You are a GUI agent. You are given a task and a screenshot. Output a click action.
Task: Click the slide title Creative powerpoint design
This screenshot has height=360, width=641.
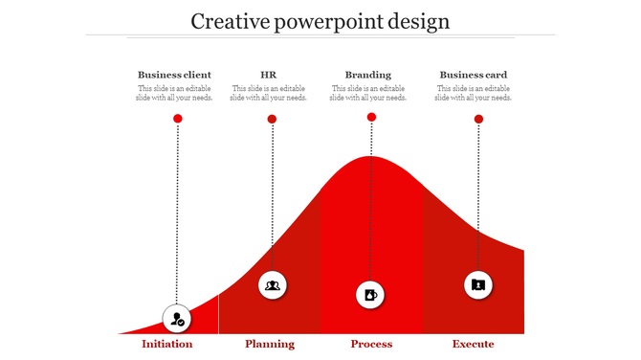[x=320, y=21]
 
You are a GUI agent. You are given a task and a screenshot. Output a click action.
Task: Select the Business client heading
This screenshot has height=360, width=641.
[x=174, y=75]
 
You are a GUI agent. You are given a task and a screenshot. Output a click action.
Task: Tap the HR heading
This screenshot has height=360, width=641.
[x=269, y=75]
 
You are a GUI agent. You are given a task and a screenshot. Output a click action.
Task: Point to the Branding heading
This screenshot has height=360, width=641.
[x=368, y=75]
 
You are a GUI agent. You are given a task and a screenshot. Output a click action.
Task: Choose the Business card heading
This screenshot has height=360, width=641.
[x=473, y=75]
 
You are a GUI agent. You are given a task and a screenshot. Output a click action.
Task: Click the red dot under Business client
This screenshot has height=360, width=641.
[x=177, y=118]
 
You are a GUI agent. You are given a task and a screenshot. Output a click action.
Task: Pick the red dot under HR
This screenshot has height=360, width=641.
[x=272, y=119]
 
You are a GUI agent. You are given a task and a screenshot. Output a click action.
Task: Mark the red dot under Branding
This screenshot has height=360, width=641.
[x=371, y=117]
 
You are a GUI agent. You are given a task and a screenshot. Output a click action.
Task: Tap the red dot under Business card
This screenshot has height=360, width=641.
[x=478, y=119]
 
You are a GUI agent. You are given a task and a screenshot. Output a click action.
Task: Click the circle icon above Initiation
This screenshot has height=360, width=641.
[x=178, y=319]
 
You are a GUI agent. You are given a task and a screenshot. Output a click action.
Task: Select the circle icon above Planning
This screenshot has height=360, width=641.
[x=273, y=284]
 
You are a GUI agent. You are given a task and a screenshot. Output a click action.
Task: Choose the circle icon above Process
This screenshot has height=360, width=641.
[x=371, y=294]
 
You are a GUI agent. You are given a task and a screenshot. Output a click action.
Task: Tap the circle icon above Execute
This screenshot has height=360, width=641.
[x=478, y=284]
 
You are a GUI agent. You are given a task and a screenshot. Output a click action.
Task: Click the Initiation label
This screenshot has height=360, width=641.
[x=167, y=344]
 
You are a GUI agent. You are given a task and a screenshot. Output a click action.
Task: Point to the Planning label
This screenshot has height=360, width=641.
[x=270, y=344]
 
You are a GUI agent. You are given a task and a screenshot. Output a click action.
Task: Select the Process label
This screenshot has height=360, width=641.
[x=371, y=344]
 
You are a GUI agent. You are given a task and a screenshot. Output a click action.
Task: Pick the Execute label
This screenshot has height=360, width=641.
[x=474, y=344]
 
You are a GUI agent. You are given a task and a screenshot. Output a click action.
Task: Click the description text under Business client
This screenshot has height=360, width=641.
[x=174, y=93]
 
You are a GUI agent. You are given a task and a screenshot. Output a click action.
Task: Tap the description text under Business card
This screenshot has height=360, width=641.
[x=473, y=93]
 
